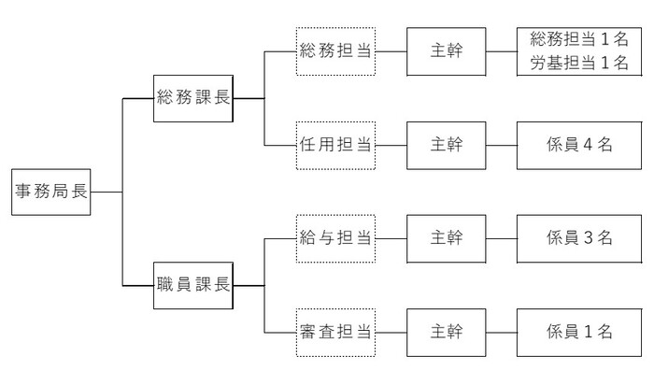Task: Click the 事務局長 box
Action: tap(51, 192)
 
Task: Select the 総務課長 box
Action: tap(193, 97)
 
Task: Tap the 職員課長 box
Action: tap(193, 284)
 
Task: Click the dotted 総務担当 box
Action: tap(335, 50)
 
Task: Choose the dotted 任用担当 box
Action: tap(335, 145)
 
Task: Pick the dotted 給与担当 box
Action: tap(335, 237)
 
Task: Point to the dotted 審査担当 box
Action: tap(335, 332)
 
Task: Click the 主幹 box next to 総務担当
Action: tap(447, 50)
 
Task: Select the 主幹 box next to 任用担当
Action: tap(447, 145)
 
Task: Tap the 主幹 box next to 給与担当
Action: tap(447, 237)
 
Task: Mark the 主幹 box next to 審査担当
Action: tap(447, 332)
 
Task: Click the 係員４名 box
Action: tap(578, 145)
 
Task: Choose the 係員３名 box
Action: tap(578, 237)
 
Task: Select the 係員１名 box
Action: tap(578, 332)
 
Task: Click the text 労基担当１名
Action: tap(578, 63)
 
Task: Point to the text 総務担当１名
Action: tap(578, 40)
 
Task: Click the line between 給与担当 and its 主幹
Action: tap(391, 237)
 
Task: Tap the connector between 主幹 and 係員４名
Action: tap(502, 145)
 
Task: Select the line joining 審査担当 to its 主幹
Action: tap(391, 332)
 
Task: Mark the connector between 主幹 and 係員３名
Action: tap(502, 237)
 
